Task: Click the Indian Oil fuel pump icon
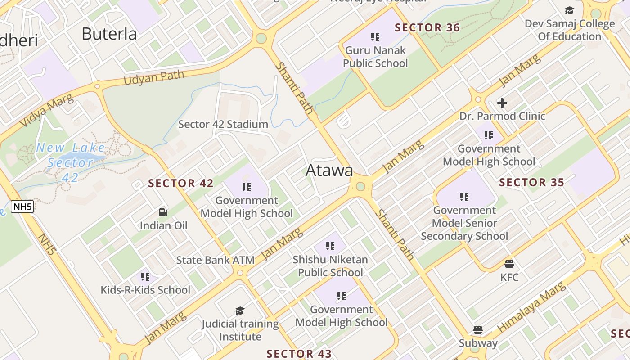point(163,212)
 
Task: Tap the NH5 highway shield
point(22,207)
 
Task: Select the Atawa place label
point(329,171)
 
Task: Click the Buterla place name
point(109,34)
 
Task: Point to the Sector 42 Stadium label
point(223,124)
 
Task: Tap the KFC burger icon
point(509,264)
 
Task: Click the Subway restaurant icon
point(478,330)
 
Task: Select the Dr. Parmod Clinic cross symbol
point(502,103)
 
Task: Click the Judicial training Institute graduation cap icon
point(240,310)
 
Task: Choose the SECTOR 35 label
point(531,182)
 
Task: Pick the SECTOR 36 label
point(427,28)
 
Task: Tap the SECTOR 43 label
point(299,354)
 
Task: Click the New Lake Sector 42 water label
point(70,162)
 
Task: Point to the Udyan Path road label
point(154,77)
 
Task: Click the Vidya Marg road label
point(46,110)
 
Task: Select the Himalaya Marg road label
point(531,307)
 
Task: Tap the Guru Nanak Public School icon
point(375,37)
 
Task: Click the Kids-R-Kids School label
point(145,290)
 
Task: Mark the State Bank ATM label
point(215,260)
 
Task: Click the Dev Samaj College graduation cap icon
point(569,11)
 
